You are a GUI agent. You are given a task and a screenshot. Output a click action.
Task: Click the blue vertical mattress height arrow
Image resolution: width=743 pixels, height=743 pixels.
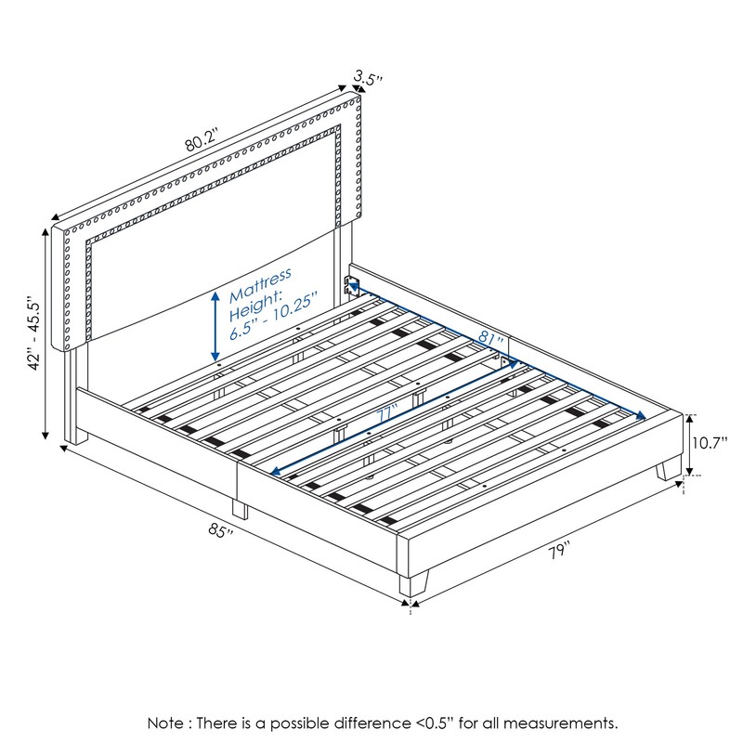tap(215, 325)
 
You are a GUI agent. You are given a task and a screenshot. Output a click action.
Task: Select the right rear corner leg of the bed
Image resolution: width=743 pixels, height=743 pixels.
tap(666, 470)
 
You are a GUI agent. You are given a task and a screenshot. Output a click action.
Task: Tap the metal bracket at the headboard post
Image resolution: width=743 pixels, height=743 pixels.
tap(351, 282)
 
